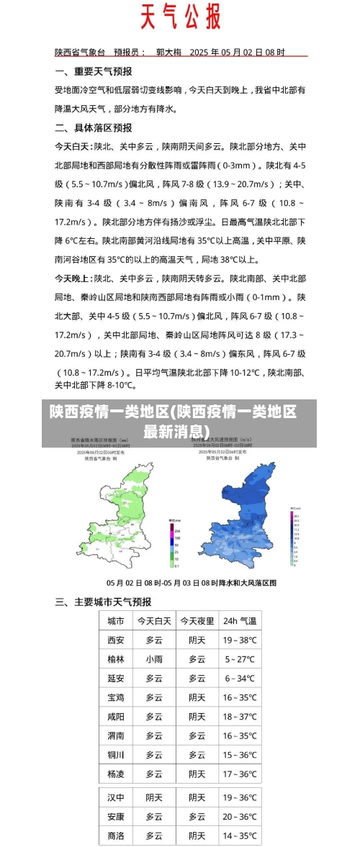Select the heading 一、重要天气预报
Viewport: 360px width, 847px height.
tap(94, 72)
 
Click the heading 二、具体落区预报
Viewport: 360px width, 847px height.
tap(94, 128)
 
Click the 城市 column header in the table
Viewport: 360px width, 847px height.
tap(115, 620)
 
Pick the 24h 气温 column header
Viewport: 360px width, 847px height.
tap(239, 620)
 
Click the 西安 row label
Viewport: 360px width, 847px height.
tap(115, 640)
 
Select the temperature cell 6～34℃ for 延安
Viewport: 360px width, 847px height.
tap(239, 678)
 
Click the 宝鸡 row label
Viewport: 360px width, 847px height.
tap(115, 697)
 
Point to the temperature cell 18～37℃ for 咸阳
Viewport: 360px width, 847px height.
tap(239, 717)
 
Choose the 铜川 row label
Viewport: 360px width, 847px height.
tap(115, 755)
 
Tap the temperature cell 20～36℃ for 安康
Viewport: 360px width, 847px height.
tap(239, 817)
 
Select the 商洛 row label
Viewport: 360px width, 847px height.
tap(115, 836)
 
